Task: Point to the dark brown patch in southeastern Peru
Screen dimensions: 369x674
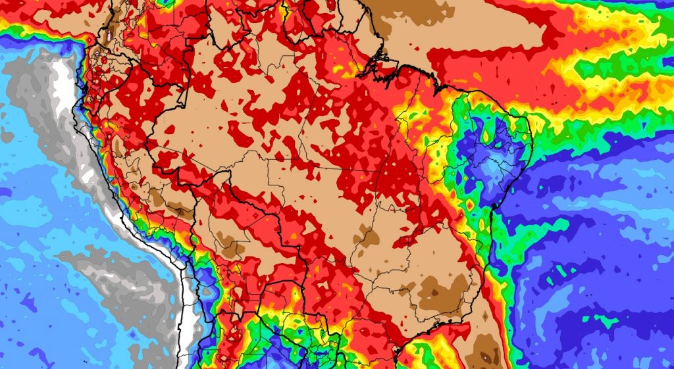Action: (x=158, y=197)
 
